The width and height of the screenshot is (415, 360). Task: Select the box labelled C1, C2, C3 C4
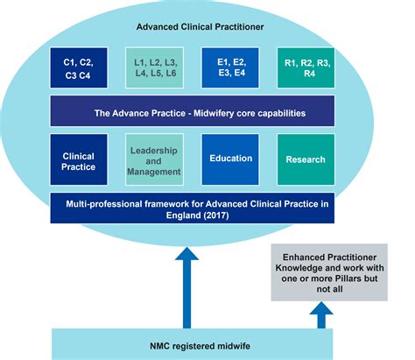point(80,68)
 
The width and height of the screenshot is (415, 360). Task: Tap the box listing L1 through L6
point(155,68)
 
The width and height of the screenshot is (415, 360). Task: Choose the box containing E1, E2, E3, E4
point(231,68)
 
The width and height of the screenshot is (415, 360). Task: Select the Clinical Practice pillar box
point(79,159)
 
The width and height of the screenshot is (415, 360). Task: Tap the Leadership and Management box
point(155,159)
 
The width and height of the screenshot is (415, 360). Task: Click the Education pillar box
point(231,159)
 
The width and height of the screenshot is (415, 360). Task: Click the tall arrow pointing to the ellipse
point(186,280)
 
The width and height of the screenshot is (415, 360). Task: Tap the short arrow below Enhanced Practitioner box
point(321,314)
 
